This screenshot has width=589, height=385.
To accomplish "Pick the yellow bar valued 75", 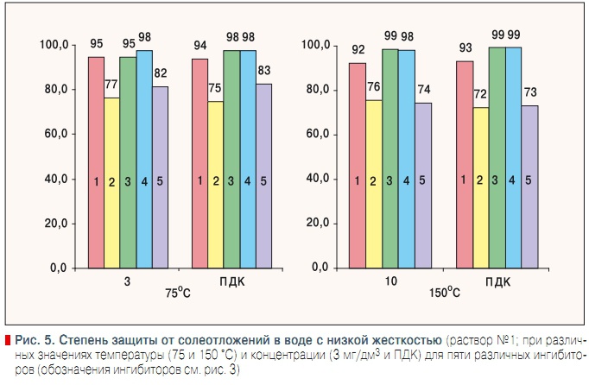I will [x=216, y=185].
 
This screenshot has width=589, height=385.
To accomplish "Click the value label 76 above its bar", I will [x=373, y=85].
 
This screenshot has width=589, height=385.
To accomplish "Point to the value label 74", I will [x=422, y=89].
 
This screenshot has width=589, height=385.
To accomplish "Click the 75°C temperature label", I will [x=179, y=293].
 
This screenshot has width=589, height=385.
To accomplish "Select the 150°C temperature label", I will [x=444, y=293].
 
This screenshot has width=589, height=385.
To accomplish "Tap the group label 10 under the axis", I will [x=389, y=281].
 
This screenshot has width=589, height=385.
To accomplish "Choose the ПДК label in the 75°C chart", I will [x=231, y=281].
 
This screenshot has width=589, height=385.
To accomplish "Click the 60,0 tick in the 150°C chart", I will [x=317, y=135].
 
